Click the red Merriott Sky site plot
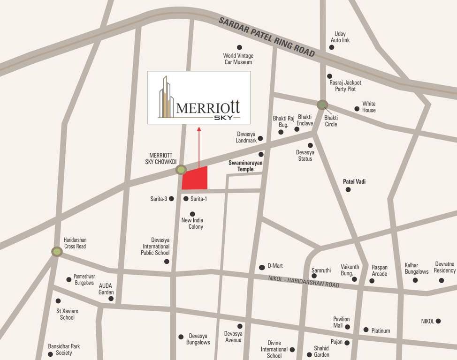click(195, 178)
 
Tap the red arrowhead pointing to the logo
click(199, 128)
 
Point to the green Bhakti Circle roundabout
click(322, 105)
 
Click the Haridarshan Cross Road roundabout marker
click(57, 252)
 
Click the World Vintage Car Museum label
click(237, 59)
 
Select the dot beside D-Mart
click(262, 267)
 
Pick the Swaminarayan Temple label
click(245, 166)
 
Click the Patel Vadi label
click(354, 181)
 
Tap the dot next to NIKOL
click(438, 321)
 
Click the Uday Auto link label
click(340, 37)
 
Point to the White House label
click(369, 107)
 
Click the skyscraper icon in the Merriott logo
click(165, 97)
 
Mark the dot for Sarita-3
click(172, 199)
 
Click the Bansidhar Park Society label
click(64, 349)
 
